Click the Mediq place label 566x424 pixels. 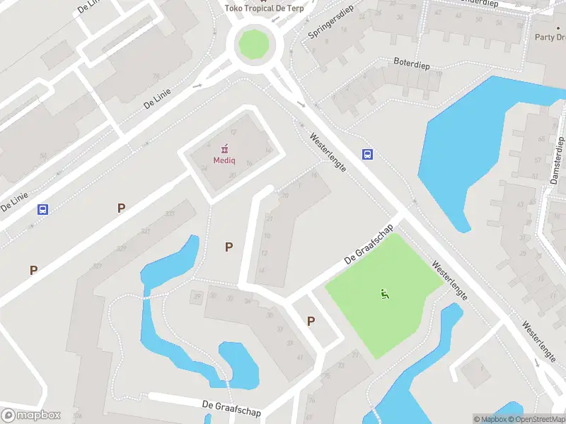tap(225, 160)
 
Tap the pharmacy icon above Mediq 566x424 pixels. tap(225, 148)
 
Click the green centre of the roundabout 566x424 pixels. tap(255, 44)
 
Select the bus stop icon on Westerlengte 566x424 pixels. tap(368, 155)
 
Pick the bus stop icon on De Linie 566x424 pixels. tap(43, 209)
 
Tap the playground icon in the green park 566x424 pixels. tap(385, 294)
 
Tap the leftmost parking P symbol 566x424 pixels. tap(33, 270)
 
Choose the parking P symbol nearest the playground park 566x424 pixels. tap(311, 322)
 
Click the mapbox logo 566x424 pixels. tap(31, 416)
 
